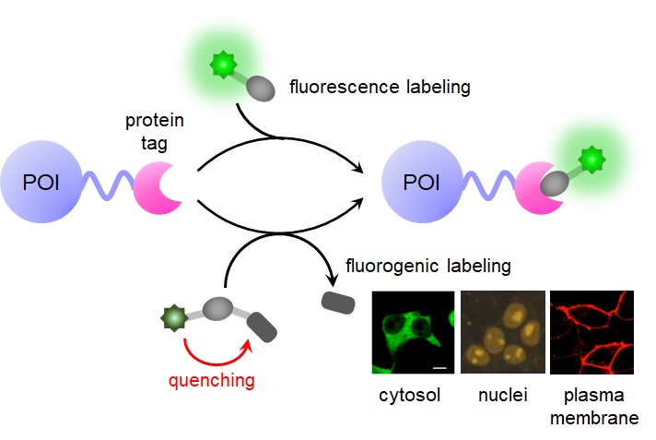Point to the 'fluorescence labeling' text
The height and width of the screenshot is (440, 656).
point(380,89)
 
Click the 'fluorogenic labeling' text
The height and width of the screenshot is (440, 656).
point(428,268)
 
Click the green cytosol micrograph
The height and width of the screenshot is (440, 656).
point(413,332)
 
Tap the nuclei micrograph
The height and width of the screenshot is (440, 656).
point(501,332)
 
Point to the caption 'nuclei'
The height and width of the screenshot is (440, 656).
point(501,396)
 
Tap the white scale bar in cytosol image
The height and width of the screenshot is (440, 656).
point(439,366)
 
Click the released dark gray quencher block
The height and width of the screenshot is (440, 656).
point(335,301)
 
